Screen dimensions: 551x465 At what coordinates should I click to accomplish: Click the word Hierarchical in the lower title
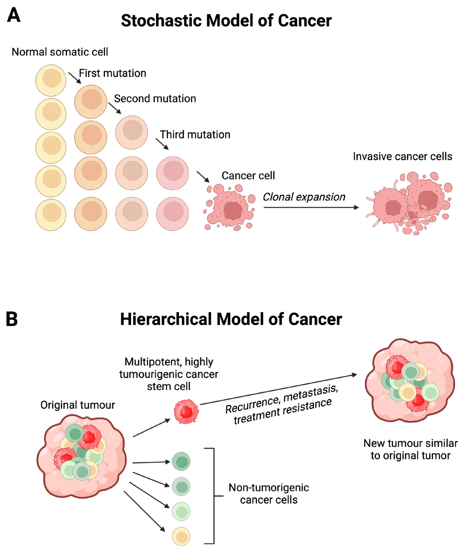click(166, 320)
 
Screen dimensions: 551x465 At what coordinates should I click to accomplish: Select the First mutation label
click(113, 73)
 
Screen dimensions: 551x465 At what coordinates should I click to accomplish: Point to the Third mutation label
click(195, 135)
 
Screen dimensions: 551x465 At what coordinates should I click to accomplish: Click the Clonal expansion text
click(304, 197)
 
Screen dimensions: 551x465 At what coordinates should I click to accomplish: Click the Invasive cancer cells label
click(402, 156)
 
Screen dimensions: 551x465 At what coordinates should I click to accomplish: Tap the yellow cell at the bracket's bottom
click(181, 537)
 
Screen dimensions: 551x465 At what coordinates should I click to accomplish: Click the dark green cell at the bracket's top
click(181, 461)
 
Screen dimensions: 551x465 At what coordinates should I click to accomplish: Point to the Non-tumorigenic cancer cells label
click(269, 494)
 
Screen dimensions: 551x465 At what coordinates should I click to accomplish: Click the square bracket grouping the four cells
click(214, 495)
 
